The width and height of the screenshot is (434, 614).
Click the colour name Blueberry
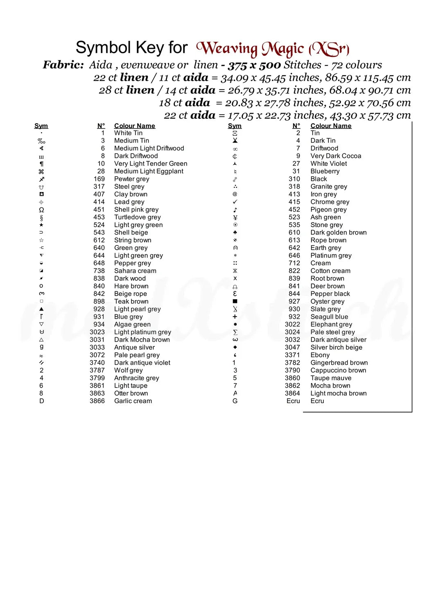(x=325, y=171)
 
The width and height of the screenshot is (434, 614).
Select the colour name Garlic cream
(x=133, y=401)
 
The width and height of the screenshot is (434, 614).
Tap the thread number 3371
(x=292, y=355)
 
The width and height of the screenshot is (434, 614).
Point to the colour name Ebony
(x=320, y=355)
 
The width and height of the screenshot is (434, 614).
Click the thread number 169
(x=99, y=179)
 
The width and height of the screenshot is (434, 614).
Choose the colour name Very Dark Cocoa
(x=336, y=156)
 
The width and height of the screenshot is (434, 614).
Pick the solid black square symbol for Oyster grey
(x=235, y=301)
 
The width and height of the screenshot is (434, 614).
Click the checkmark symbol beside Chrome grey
(x=235, y=202)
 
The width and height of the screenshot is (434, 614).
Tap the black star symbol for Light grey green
(x=41, y=225)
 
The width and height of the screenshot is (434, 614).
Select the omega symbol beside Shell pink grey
(x=41, y=210)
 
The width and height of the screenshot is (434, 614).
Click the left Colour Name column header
(x=134, y=126)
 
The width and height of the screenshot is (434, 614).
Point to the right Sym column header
(x=235, y=126)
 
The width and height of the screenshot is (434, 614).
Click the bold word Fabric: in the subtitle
(x=63, y=65)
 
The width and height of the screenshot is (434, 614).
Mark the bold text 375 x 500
(x=254, y=65)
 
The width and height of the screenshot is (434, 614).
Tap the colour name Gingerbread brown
(x=339, y=363)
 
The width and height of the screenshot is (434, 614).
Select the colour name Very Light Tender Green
(x=151, y=163)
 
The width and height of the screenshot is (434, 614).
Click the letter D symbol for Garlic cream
(x=41, y=401)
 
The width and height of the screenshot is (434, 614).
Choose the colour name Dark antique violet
(x=142, y=363)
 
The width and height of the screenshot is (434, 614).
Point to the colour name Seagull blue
(x=329, y=316)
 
